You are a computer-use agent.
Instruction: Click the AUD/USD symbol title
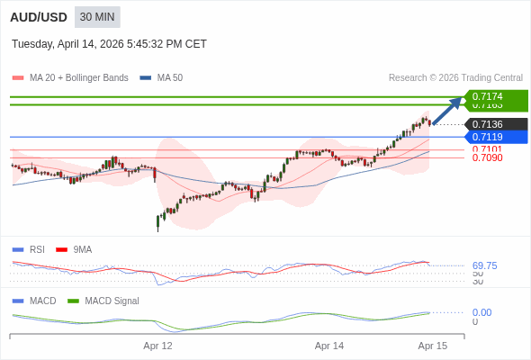point(39,17)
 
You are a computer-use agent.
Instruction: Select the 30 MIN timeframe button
point(97,17)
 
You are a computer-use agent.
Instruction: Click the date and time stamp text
point(109,43)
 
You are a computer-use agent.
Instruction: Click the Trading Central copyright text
point(455,78)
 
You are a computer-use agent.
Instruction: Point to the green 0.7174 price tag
point(493,95)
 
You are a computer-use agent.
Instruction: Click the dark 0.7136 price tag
point(493,124)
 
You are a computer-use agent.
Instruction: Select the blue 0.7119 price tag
point(493,137)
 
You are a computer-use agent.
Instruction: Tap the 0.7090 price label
point(487,158)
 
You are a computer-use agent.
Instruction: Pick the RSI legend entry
point(36,249)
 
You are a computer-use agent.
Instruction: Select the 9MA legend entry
point(82,249)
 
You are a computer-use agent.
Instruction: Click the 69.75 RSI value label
point(484,265)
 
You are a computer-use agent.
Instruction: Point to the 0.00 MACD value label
point(481,312)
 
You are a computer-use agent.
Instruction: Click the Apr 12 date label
point(157,346)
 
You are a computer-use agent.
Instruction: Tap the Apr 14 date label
point(329,346)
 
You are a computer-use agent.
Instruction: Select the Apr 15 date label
point(433,346)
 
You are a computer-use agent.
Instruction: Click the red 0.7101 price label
point(487,149)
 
